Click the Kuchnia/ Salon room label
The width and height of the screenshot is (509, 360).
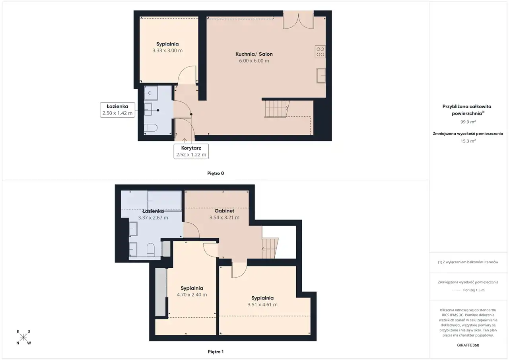click(254, 54)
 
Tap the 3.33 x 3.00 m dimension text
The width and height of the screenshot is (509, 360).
click(167, 51)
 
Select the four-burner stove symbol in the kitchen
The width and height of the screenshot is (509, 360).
click(320, 52)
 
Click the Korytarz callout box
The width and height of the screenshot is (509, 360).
click(191, 151)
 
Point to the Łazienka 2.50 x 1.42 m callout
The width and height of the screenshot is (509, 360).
click(117, 110)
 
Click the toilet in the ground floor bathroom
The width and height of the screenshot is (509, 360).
click(150, 128)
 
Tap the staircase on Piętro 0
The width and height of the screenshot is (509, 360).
click(276, 109)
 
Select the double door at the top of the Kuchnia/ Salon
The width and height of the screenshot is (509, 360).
click(298, 20)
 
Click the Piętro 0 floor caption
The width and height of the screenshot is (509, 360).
click(216, 173)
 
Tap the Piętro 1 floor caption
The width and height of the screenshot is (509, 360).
click(216, 352)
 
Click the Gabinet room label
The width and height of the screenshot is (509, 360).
click(224, 211)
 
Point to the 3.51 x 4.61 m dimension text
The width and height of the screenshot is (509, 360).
click(262, 305)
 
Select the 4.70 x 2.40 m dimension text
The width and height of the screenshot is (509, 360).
click(192, 295)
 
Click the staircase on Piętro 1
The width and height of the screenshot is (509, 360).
click(270, 248)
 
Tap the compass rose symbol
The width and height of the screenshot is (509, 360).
click(23, 337)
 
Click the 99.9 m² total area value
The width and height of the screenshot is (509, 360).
click(468, 122)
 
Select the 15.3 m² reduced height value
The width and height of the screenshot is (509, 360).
click(468, 141)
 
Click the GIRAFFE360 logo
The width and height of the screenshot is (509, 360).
click(468, 345)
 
